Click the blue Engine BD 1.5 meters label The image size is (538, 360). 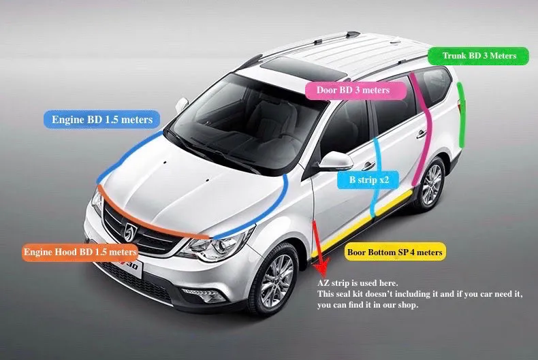tap(102, 120)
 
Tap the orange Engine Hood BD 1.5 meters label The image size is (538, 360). tap(80, 252)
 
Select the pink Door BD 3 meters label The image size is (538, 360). tap(352, 90)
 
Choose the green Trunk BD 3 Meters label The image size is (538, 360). tap(479, 56)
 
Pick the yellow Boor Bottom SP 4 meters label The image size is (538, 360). tap(395, 252)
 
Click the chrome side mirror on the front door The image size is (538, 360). tap(336, 161)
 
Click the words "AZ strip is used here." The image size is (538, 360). tap(358, 283)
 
